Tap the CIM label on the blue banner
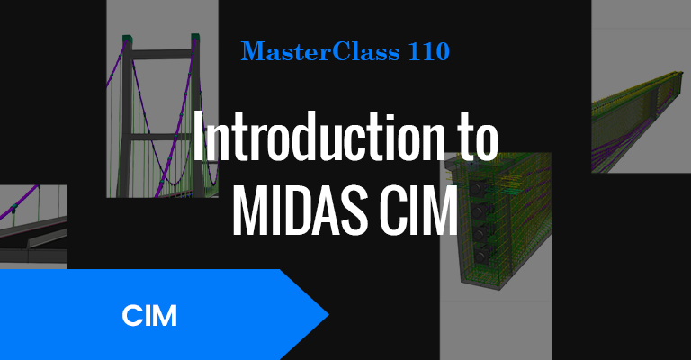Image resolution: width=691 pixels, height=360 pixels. coord(149,316)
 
